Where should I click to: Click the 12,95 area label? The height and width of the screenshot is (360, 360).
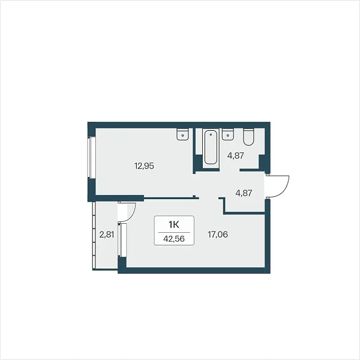144,166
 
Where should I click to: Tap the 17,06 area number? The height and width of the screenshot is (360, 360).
218,235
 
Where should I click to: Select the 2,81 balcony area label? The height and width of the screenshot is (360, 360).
107,235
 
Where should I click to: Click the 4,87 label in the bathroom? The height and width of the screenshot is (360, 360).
235,156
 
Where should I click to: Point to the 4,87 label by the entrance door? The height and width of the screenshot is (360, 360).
244,193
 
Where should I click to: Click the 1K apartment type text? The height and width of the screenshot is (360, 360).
174,225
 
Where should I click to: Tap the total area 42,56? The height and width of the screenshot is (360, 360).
174,239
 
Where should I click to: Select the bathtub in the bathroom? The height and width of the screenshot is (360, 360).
211,147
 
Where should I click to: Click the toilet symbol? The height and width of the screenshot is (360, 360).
248,137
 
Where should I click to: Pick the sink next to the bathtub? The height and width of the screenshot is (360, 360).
228,134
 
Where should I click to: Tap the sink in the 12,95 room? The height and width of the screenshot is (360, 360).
182,134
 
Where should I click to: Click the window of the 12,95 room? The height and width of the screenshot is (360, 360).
91,157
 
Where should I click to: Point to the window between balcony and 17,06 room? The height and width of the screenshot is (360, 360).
122,239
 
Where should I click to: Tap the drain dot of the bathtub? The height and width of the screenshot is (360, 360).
211,134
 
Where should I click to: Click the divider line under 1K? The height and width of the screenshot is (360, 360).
174,232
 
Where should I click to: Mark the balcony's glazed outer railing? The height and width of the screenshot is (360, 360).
94,235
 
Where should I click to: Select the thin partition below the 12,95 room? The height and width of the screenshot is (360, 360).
171,197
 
